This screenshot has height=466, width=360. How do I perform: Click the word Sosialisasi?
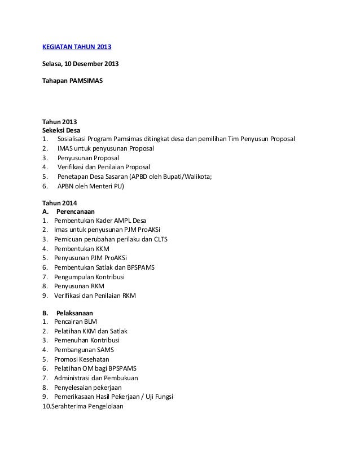pos(75,139)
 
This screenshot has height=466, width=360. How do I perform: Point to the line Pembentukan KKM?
pos(82,248)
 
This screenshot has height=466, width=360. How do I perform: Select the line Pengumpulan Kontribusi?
pos(90,276)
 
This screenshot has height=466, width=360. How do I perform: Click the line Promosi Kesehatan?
pos(82,359)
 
